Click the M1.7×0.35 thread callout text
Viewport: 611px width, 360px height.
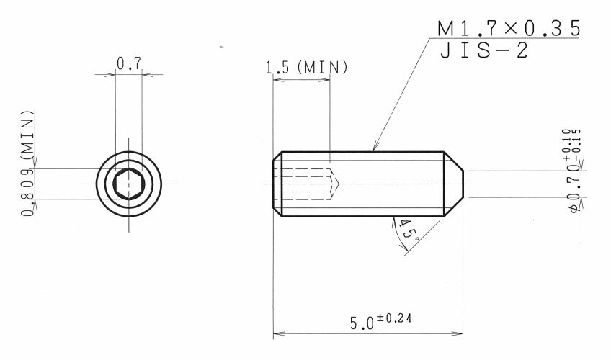[509, 30]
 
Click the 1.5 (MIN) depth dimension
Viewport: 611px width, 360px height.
[307, 68]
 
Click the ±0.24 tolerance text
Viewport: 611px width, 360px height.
[394, 316]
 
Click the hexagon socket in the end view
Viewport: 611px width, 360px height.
[129, 183]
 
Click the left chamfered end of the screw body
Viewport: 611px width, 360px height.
[277, 183]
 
